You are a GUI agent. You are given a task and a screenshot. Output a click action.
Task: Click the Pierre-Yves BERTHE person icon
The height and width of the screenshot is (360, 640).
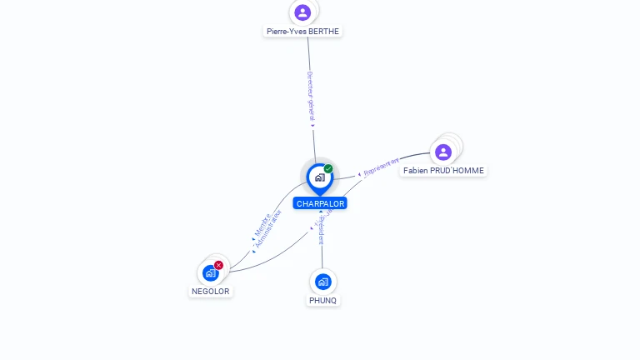(302, 12)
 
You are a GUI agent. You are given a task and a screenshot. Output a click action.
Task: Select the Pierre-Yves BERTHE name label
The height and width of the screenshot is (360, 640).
(302, 31)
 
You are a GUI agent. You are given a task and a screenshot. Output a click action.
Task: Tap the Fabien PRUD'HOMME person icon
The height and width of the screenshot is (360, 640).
(442, 152)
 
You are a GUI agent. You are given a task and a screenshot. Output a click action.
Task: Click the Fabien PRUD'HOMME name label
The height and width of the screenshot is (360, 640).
(442, 170)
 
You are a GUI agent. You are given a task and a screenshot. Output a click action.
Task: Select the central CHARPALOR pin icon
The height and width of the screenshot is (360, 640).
(319, 177)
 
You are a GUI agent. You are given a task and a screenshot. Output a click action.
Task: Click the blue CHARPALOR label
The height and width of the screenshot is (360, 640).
(320, 203)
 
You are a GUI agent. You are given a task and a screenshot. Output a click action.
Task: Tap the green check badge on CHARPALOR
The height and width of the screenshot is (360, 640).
(328, 169)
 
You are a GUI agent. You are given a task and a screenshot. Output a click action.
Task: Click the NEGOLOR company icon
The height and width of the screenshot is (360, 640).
(211, 272)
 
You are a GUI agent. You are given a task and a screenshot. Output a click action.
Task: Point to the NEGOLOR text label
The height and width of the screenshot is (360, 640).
(210, 292)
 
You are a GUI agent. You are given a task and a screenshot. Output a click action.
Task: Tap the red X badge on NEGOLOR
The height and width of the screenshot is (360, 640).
(219, 265)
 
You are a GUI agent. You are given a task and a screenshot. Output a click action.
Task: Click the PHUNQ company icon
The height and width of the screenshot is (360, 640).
(323, 282)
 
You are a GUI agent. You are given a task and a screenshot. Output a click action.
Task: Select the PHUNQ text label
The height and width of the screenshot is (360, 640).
(323, 300)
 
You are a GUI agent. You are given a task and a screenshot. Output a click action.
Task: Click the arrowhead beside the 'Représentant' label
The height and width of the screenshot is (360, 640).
(359, 175)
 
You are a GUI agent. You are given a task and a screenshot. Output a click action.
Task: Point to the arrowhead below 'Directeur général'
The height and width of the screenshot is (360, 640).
(313, 126)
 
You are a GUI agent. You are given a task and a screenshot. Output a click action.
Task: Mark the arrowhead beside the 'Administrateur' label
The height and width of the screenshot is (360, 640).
(254, 251)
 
